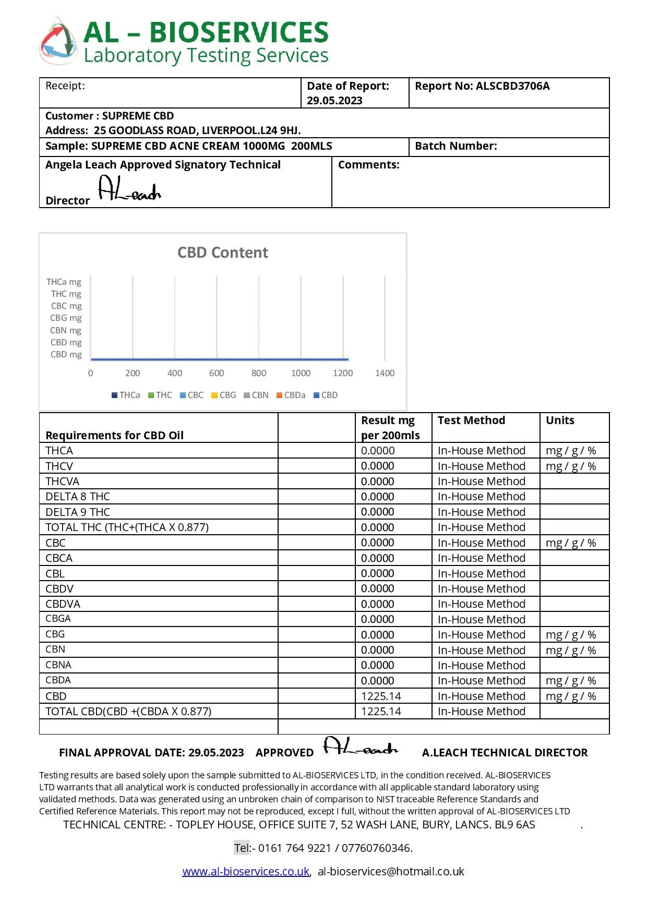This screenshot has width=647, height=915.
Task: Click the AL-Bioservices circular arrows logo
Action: tap(58, 41)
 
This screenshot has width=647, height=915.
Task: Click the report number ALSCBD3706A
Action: tap(512, 86)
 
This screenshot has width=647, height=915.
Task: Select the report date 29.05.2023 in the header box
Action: tap(334, 101)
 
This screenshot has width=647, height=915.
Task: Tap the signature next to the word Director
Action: tap(129, 189)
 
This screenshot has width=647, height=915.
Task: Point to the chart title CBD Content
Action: tap(222, 252)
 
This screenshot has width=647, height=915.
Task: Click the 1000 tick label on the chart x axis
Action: tap(301, 373)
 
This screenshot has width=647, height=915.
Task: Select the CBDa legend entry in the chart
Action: tap(291, 395)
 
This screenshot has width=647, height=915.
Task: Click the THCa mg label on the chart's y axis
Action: tap(64, 282)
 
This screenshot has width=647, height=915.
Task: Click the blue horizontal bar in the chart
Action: tap(219, 359)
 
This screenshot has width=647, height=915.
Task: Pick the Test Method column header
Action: tap(471, 420)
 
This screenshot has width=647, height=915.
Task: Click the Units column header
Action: tap(560, 420)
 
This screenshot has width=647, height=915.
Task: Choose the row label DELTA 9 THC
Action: tap(78, 512)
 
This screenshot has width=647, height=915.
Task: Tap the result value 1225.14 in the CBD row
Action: tap(381, 696)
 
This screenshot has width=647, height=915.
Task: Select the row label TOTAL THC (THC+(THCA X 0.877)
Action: tap(127, 527)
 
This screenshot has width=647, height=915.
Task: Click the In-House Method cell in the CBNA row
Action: tap(481, 665)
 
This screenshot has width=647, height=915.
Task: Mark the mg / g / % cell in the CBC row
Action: tap(570, 543)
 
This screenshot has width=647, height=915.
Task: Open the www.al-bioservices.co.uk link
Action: tap(246, 871)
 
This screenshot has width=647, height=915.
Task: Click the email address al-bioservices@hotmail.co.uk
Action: tap(391, 871)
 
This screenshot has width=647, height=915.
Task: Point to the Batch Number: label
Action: tap(456, 146)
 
